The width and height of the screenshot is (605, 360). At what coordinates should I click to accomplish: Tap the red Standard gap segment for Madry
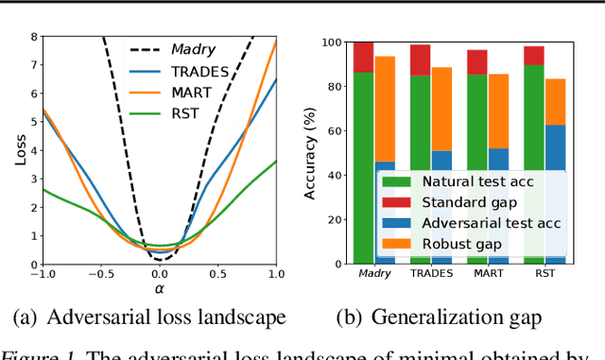click(362, 58)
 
